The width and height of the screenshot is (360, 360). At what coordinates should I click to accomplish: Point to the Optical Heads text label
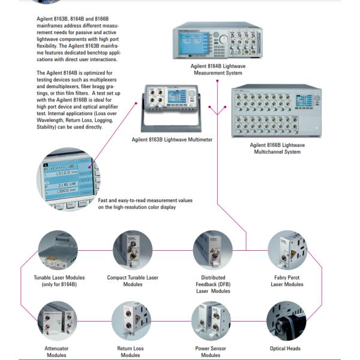[x=286, y=349]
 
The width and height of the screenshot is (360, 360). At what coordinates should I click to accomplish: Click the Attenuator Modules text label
[x=57, y=352]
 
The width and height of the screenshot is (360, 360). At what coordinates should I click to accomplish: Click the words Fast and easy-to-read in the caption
[x=119, y=200]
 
